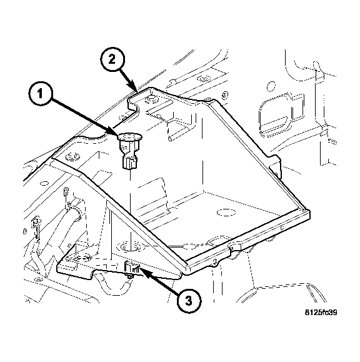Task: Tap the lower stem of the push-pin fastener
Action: click(131, 164)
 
